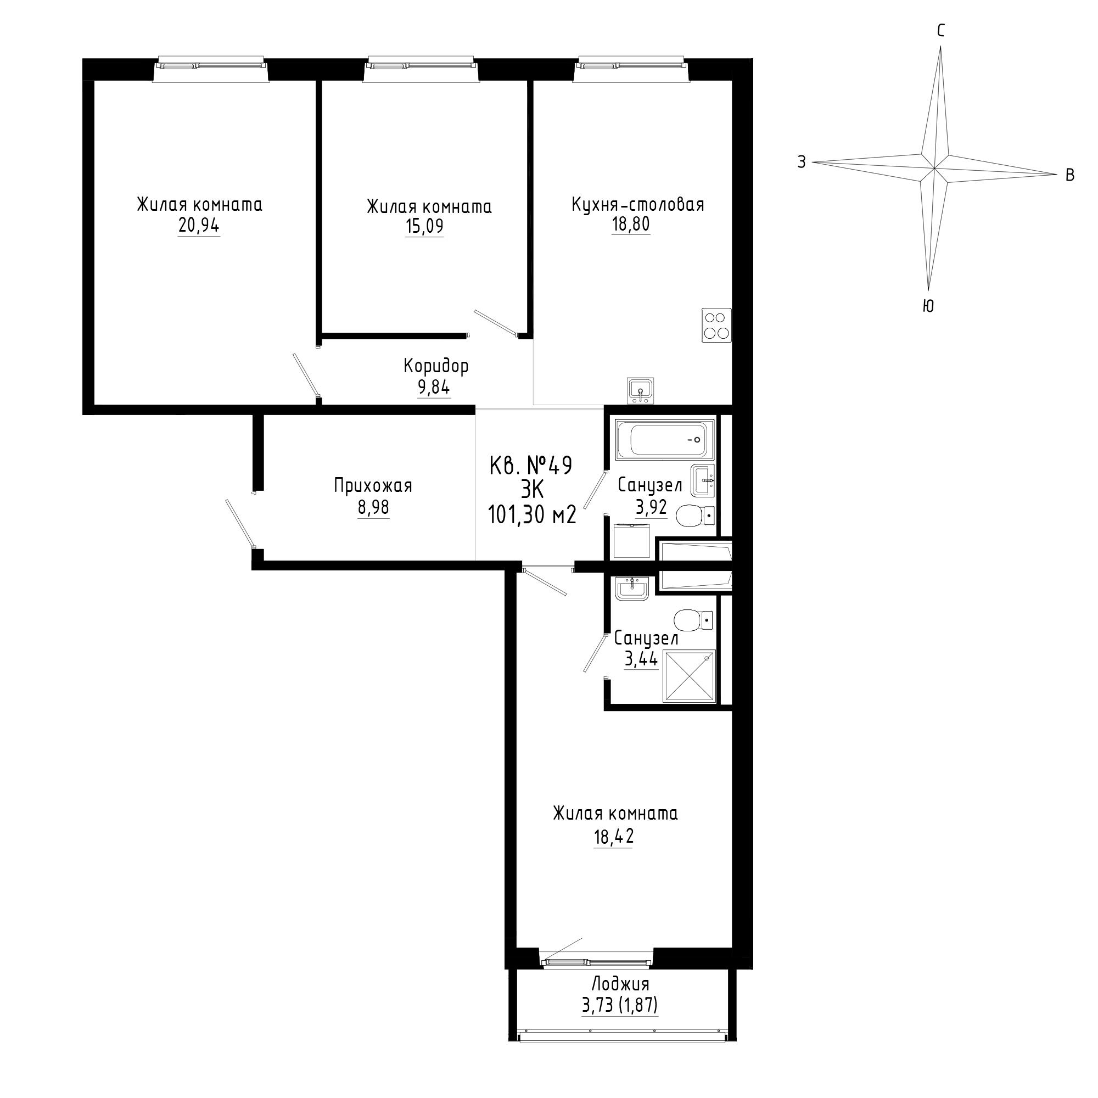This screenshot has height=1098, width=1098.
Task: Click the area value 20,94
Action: point(199,226)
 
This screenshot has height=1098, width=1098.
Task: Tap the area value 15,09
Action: point(424,226)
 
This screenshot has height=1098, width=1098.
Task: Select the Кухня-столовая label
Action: point(637,204)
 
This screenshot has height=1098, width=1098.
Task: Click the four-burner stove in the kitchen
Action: point(716,325)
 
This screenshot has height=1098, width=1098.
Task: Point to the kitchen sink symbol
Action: point(641,390)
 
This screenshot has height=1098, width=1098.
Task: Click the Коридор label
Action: point(436,366)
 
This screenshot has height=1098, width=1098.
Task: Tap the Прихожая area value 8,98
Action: point(373,507)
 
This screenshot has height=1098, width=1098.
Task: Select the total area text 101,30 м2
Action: point(532,515)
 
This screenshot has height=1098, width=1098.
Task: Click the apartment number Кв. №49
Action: point(531,466)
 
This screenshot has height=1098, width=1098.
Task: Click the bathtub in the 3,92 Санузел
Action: point(665,439)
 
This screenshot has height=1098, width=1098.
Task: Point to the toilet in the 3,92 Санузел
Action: point(695,516)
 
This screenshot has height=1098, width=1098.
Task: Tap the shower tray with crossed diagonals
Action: point(690,677)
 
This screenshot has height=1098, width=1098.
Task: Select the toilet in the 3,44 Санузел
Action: point(693,619)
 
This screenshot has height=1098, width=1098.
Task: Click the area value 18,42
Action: point(613,837)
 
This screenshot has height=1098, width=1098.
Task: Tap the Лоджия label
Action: point(620,983)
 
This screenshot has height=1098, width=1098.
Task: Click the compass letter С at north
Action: point(940,31)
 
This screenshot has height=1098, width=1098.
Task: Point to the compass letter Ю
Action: point(927,306)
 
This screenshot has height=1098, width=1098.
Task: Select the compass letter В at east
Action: point(1069,175)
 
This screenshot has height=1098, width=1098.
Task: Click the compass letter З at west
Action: point(802,163)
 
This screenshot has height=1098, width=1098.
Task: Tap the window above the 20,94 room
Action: point(211,66)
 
